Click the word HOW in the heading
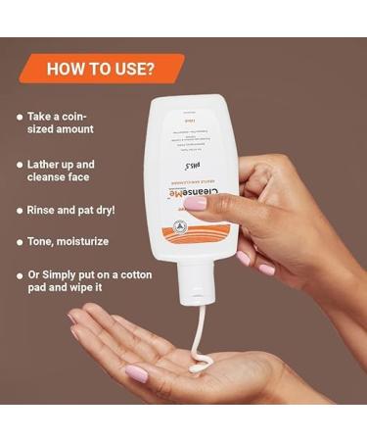[60, 69]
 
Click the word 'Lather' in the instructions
[51, 165]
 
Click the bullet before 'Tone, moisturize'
[20, 240]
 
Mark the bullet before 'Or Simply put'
[20, 277]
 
